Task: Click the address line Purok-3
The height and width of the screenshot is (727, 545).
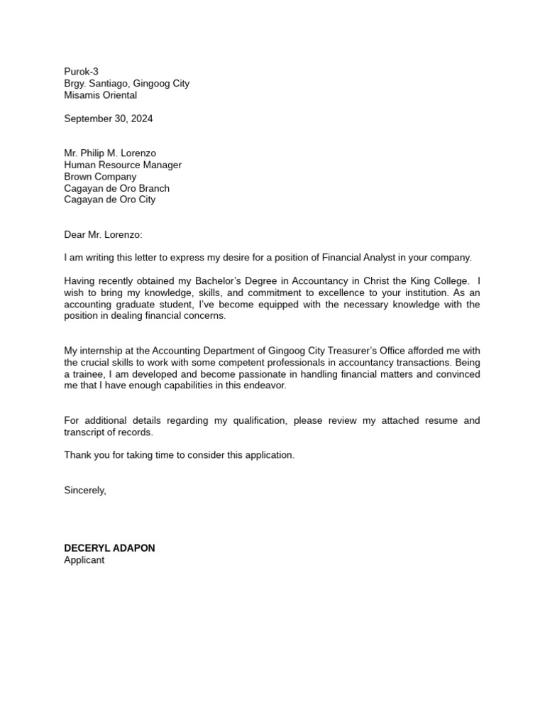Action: [x=81, y=72]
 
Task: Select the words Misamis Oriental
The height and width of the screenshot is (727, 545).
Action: [x=100, y=95]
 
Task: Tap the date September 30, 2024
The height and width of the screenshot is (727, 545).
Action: [x=108, y=119]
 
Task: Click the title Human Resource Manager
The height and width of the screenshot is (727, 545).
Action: [x=123, y=165]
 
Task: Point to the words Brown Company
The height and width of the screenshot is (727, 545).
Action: [x=100, y=177]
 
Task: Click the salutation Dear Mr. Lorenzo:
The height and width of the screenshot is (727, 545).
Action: [x=103, y=234]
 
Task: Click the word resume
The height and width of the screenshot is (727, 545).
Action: [x=439, y=420]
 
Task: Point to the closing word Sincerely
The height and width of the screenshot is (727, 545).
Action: [x=85, y=490]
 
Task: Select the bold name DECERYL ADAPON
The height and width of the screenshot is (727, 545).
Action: [x=109, y=548]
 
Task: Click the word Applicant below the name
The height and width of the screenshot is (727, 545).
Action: [x=84, y=559]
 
